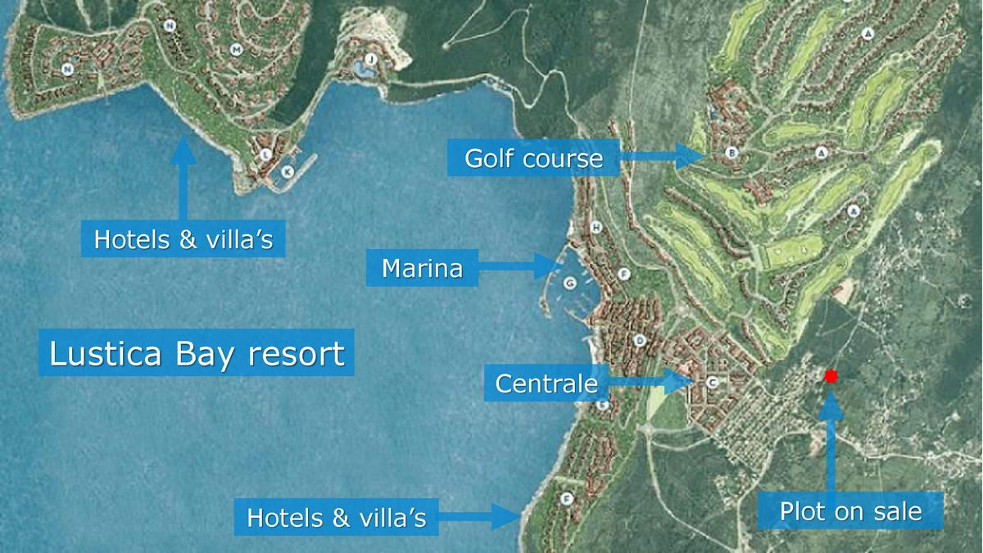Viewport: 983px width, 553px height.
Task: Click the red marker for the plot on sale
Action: pos(831,376)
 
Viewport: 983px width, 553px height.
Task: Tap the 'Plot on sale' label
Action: pos(850,512)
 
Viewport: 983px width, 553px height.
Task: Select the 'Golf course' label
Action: pos(533,158)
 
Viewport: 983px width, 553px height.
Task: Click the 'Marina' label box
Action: pos(422,268)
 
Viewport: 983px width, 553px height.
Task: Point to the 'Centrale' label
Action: pos(546,383)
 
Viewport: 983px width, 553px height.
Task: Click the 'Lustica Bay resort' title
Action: pos(197,354)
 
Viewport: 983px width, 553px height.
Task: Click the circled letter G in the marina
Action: pos(570,283)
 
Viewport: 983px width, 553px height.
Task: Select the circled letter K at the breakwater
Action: pos(287,171)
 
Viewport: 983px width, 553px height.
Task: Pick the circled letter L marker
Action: pos(265,154)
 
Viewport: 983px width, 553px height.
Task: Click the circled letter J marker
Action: pos(370,59)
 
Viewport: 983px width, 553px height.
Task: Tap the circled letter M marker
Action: pos(236,50)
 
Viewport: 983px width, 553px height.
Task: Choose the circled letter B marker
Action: pos(732,152)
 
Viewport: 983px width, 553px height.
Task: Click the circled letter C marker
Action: pos(711,382)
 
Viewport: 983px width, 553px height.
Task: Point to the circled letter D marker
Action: pos(640,340)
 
